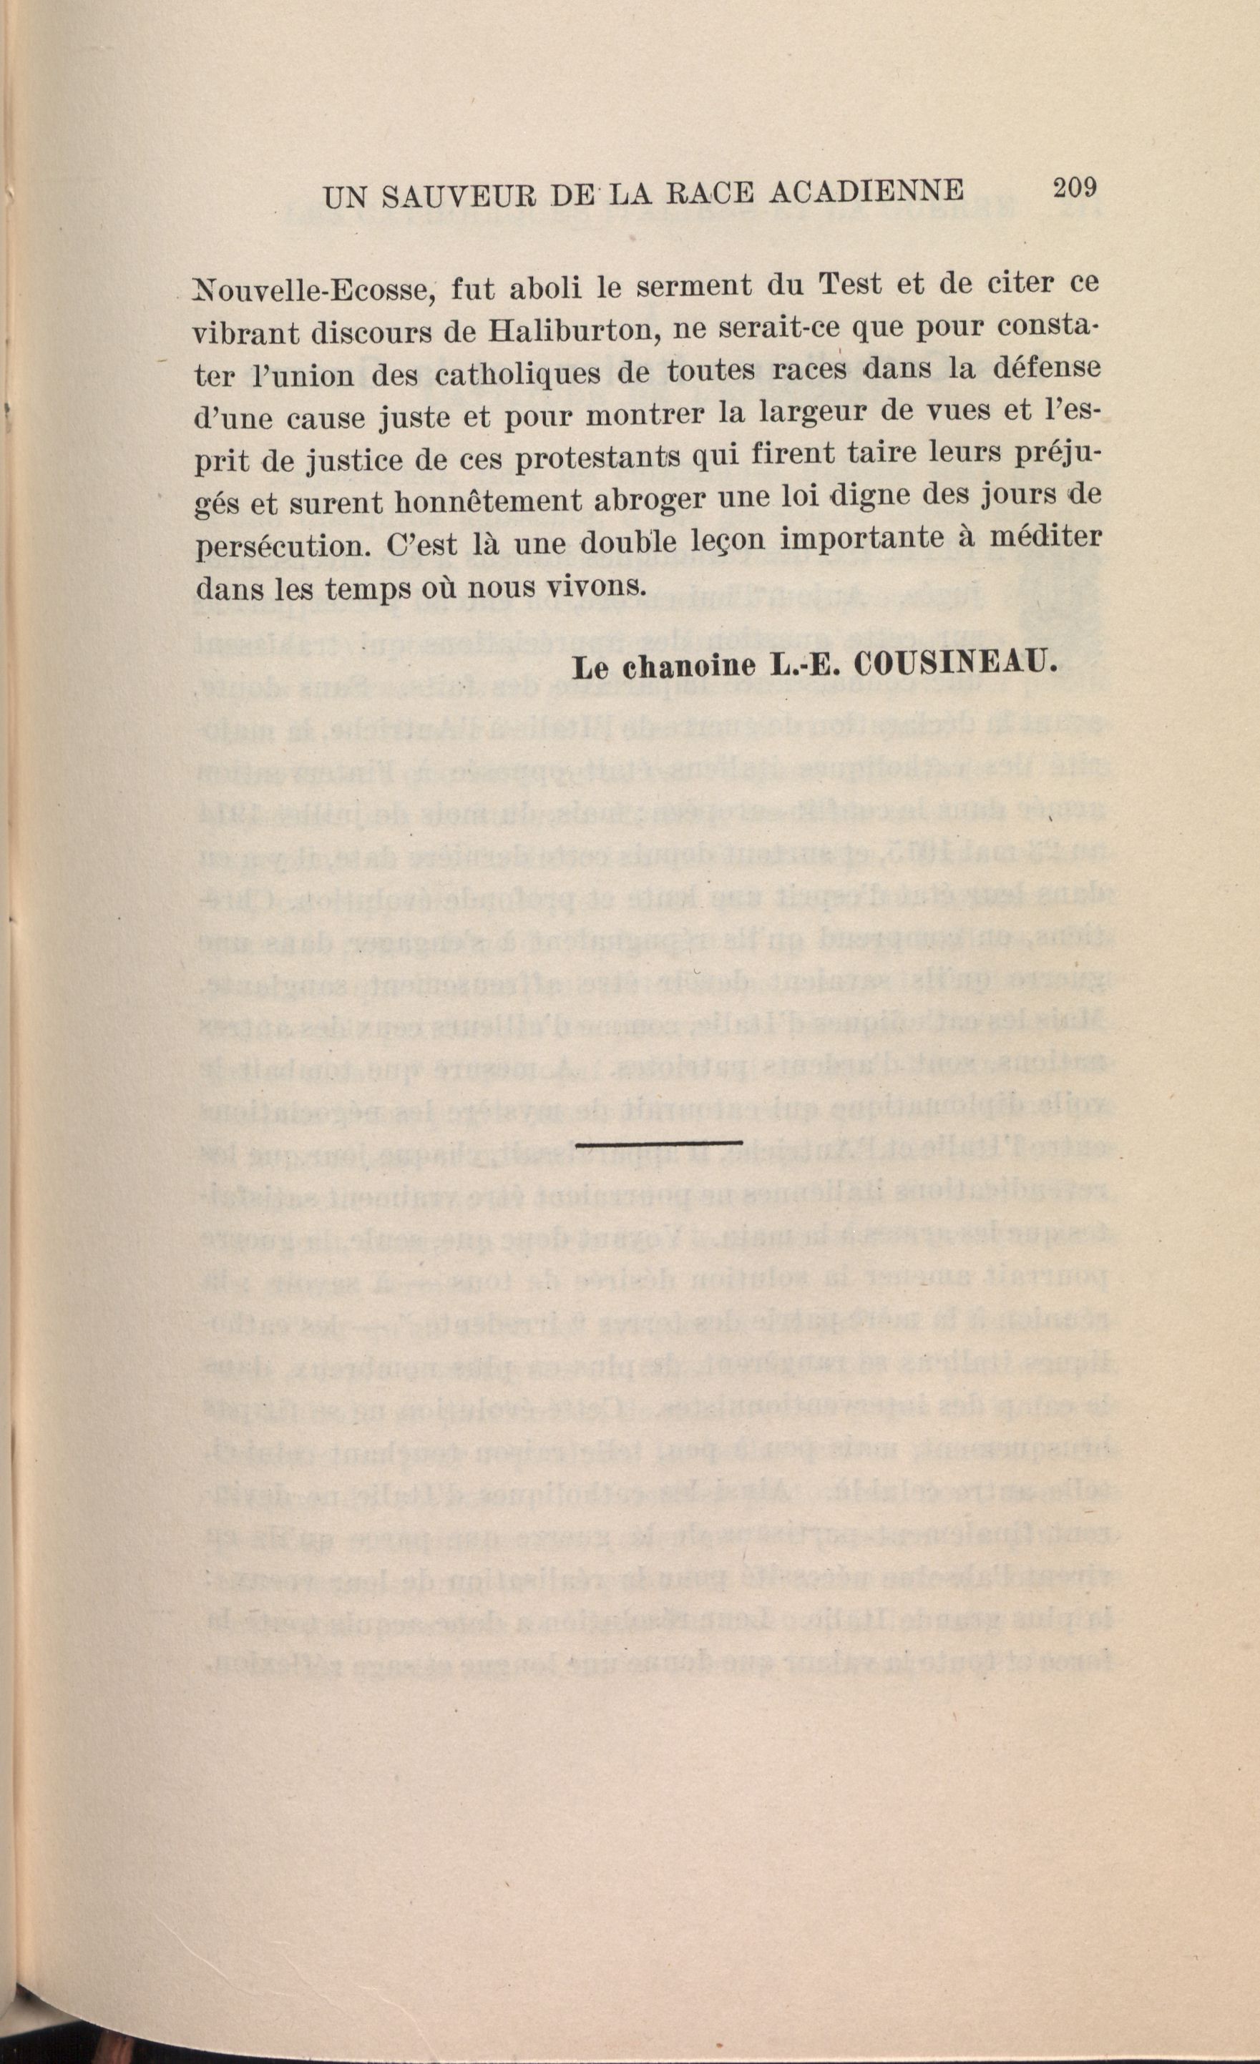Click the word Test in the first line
point(850,285)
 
